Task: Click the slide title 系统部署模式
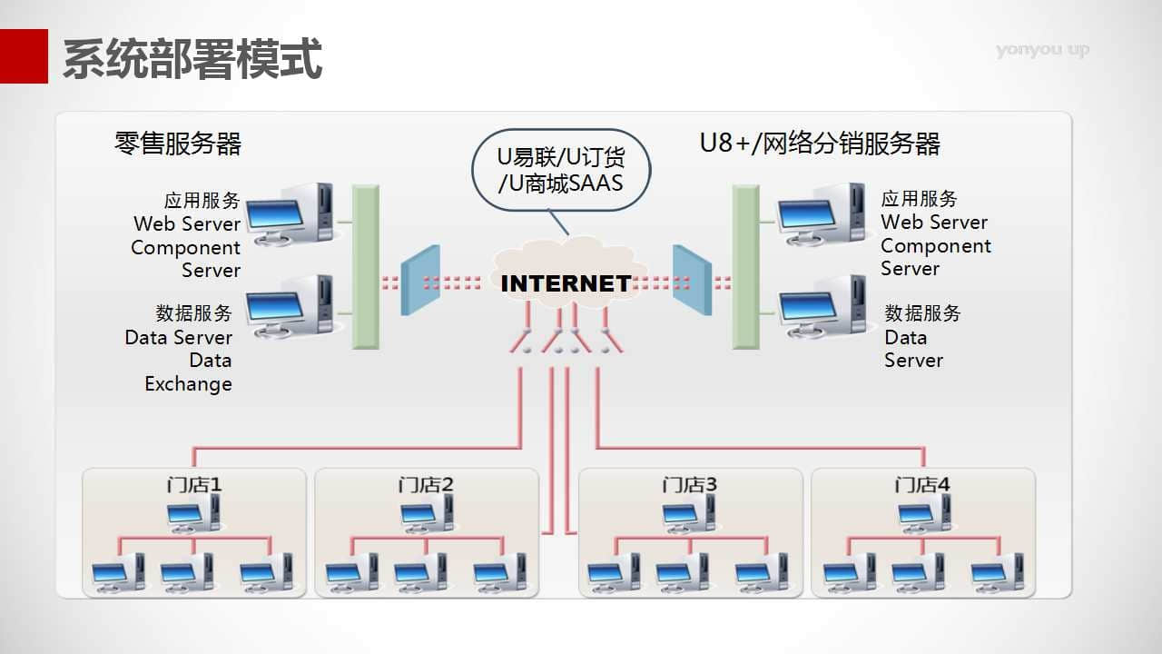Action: click(192, 59)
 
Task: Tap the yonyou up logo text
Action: click(1042, 50)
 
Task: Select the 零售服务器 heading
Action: click(178, 144)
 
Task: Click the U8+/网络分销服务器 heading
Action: click(820, 144)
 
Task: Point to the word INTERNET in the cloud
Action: click(566, 283)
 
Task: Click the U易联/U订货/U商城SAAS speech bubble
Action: click(561, 170)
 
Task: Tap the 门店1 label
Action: click(193, 485)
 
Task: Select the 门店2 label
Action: click(425, 485)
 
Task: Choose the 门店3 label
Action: click(689, 485)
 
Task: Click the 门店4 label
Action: click(921, 485)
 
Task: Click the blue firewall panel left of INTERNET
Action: click(420, 281)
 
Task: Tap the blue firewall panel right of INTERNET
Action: click(692, 281)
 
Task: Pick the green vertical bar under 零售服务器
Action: click(366, 267)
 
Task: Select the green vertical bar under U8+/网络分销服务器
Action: click(745, 267)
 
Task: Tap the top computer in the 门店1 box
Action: click(192, 515)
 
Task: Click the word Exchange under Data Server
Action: click(188, 384)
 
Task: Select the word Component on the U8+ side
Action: click(936, 246)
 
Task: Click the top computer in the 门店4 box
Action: click(924, 515)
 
